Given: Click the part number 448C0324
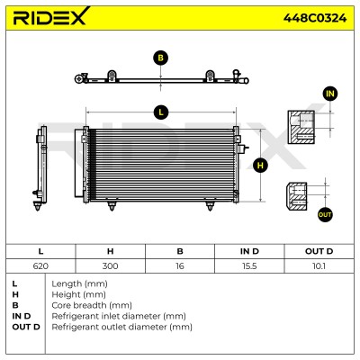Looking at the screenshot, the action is (315, 18).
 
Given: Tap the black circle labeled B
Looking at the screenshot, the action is (161, 58).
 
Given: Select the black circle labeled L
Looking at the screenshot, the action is (161, 112).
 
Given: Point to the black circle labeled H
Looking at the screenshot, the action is (260, 166).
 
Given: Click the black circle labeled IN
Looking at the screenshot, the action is (330, 94).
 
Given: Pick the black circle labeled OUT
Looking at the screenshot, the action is (325, 214).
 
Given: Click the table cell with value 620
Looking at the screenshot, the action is (40, 265).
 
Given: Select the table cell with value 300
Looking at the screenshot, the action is (111, 265).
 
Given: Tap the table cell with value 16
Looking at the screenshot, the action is (180, 265).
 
